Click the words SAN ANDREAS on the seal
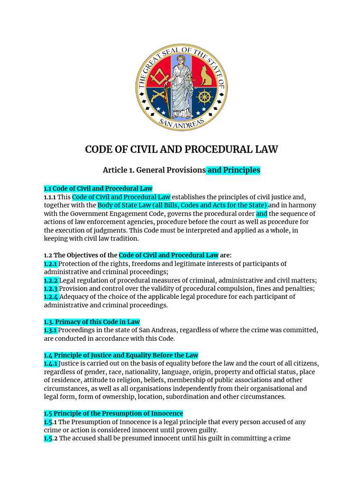tap(182, 123)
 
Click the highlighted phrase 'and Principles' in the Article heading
tap(234, 170)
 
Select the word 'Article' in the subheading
tap(116, 170)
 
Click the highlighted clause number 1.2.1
tap(51, 264)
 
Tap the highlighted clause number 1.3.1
tap(51, 330)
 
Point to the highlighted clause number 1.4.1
tap(51, 363)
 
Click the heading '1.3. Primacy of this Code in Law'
tap(92, 322)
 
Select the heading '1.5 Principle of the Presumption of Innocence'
tap(113, 413)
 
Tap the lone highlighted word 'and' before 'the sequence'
tap(262, 214)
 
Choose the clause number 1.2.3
tap(51, 288)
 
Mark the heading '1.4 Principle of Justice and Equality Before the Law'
tap(121, 355)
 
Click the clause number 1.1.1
tap(50, 197)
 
